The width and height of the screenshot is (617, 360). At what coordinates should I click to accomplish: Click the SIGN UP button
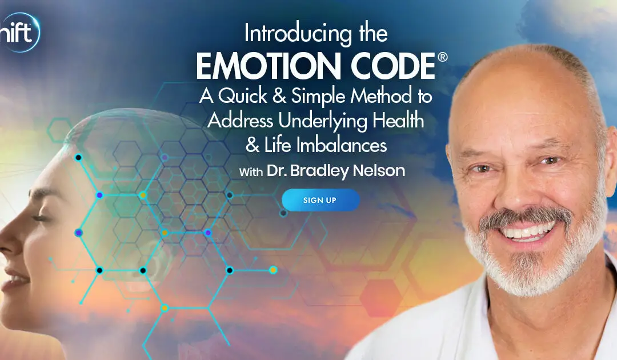pos(320,200)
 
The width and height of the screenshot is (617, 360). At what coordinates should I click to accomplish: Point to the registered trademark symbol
pos(442,58)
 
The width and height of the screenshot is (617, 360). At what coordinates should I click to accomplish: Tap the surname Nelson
pos(379,170)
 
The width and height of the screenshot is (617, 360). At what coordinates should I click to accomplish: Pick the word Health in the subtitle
pos(398,120)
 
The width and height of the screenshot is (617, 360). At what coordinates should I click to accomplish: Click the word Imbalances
pos(342,145)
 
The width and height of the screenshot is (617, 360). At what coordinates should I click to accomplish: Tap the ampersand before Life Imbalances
pos(253,145)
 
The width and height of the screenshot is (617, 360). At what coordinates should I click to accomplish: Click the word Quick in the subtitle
pos(243,96)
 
